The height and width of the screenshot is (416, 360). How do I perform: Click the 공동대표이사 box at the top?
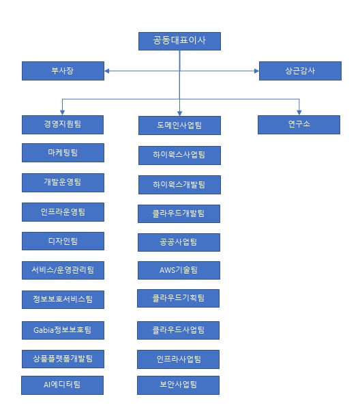pos(179,41)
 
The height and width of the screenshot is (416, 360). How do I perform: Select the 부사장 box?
pos(63,70)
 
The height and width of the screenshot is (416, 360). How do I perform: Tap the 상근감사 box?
pos(299,70)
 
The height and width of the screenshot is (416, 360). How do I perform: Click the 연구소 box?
pos(299,124)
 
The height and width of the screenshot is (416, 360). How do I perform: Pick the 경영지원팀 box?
pos(63,124)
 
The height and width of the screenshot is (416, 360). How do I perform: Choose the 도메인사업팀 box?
pos(179,125)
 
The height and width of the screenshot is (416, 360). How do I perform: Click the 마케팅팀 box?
pos(63,153)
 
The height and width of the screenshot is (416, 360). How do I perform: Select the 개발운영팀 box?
pos(63,182)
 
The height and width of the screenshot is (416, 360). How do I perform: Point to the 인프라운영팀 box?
pos(63,211)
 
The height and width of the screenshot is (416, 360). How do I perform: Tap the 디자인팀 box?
pos(63,241)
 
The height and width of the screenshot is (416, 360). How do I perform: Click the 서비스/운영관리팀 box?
pos(63,270)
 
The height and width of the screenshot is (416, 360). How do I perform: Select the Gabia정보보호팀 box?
pos(63,330)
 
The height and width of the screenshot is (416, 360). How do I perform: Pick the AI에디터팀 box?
pos(63,385)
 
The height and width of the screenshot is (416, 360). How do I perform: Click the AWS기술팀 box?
pos(179,270)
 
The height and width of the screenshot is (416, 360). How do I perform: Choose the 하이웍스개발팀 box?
pos(179,184)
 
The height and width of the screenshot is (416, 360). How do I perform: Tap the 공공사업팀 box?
pos(179,242)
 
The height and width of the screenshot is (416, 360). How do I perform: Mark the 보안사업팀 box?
pos(179,385)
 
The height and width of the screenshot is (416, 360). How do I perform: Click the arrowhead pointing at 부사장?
pos(108,70)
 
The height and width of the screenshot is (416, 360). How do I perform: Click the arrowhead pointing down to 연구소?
pos(299,112)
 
